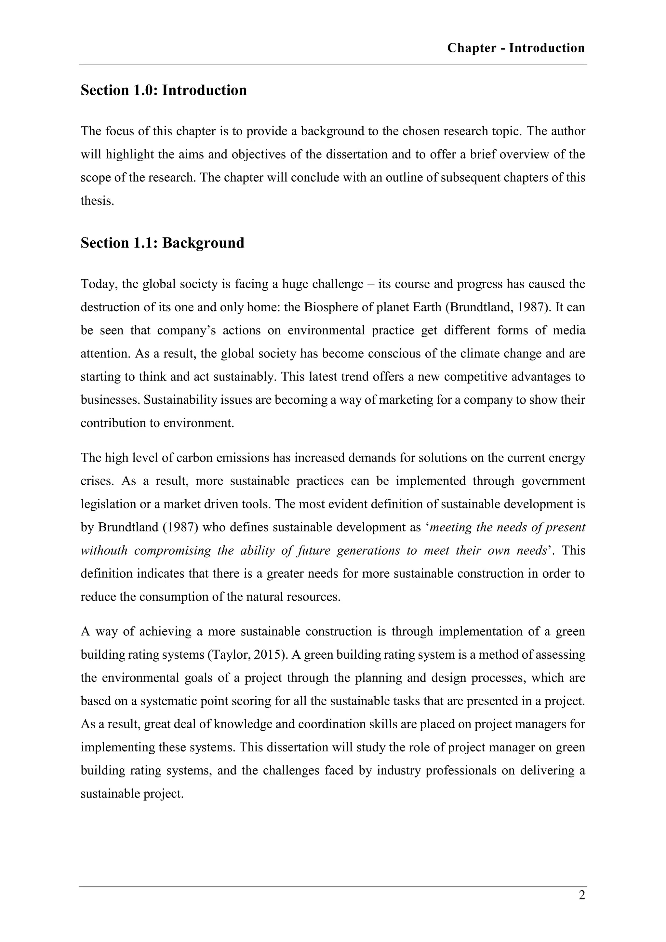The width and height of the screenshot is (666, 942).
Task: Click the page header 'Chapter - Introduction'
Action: pos(515,48)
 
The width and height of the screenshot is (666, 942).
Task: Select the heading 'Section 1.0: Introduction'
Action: pos(164,90)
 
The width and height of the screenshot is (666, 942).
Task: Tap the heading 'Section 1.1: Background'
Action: pos(162,243)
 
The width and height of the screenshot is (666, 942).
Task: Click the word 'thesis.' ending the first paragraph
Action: pos(97,201)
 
